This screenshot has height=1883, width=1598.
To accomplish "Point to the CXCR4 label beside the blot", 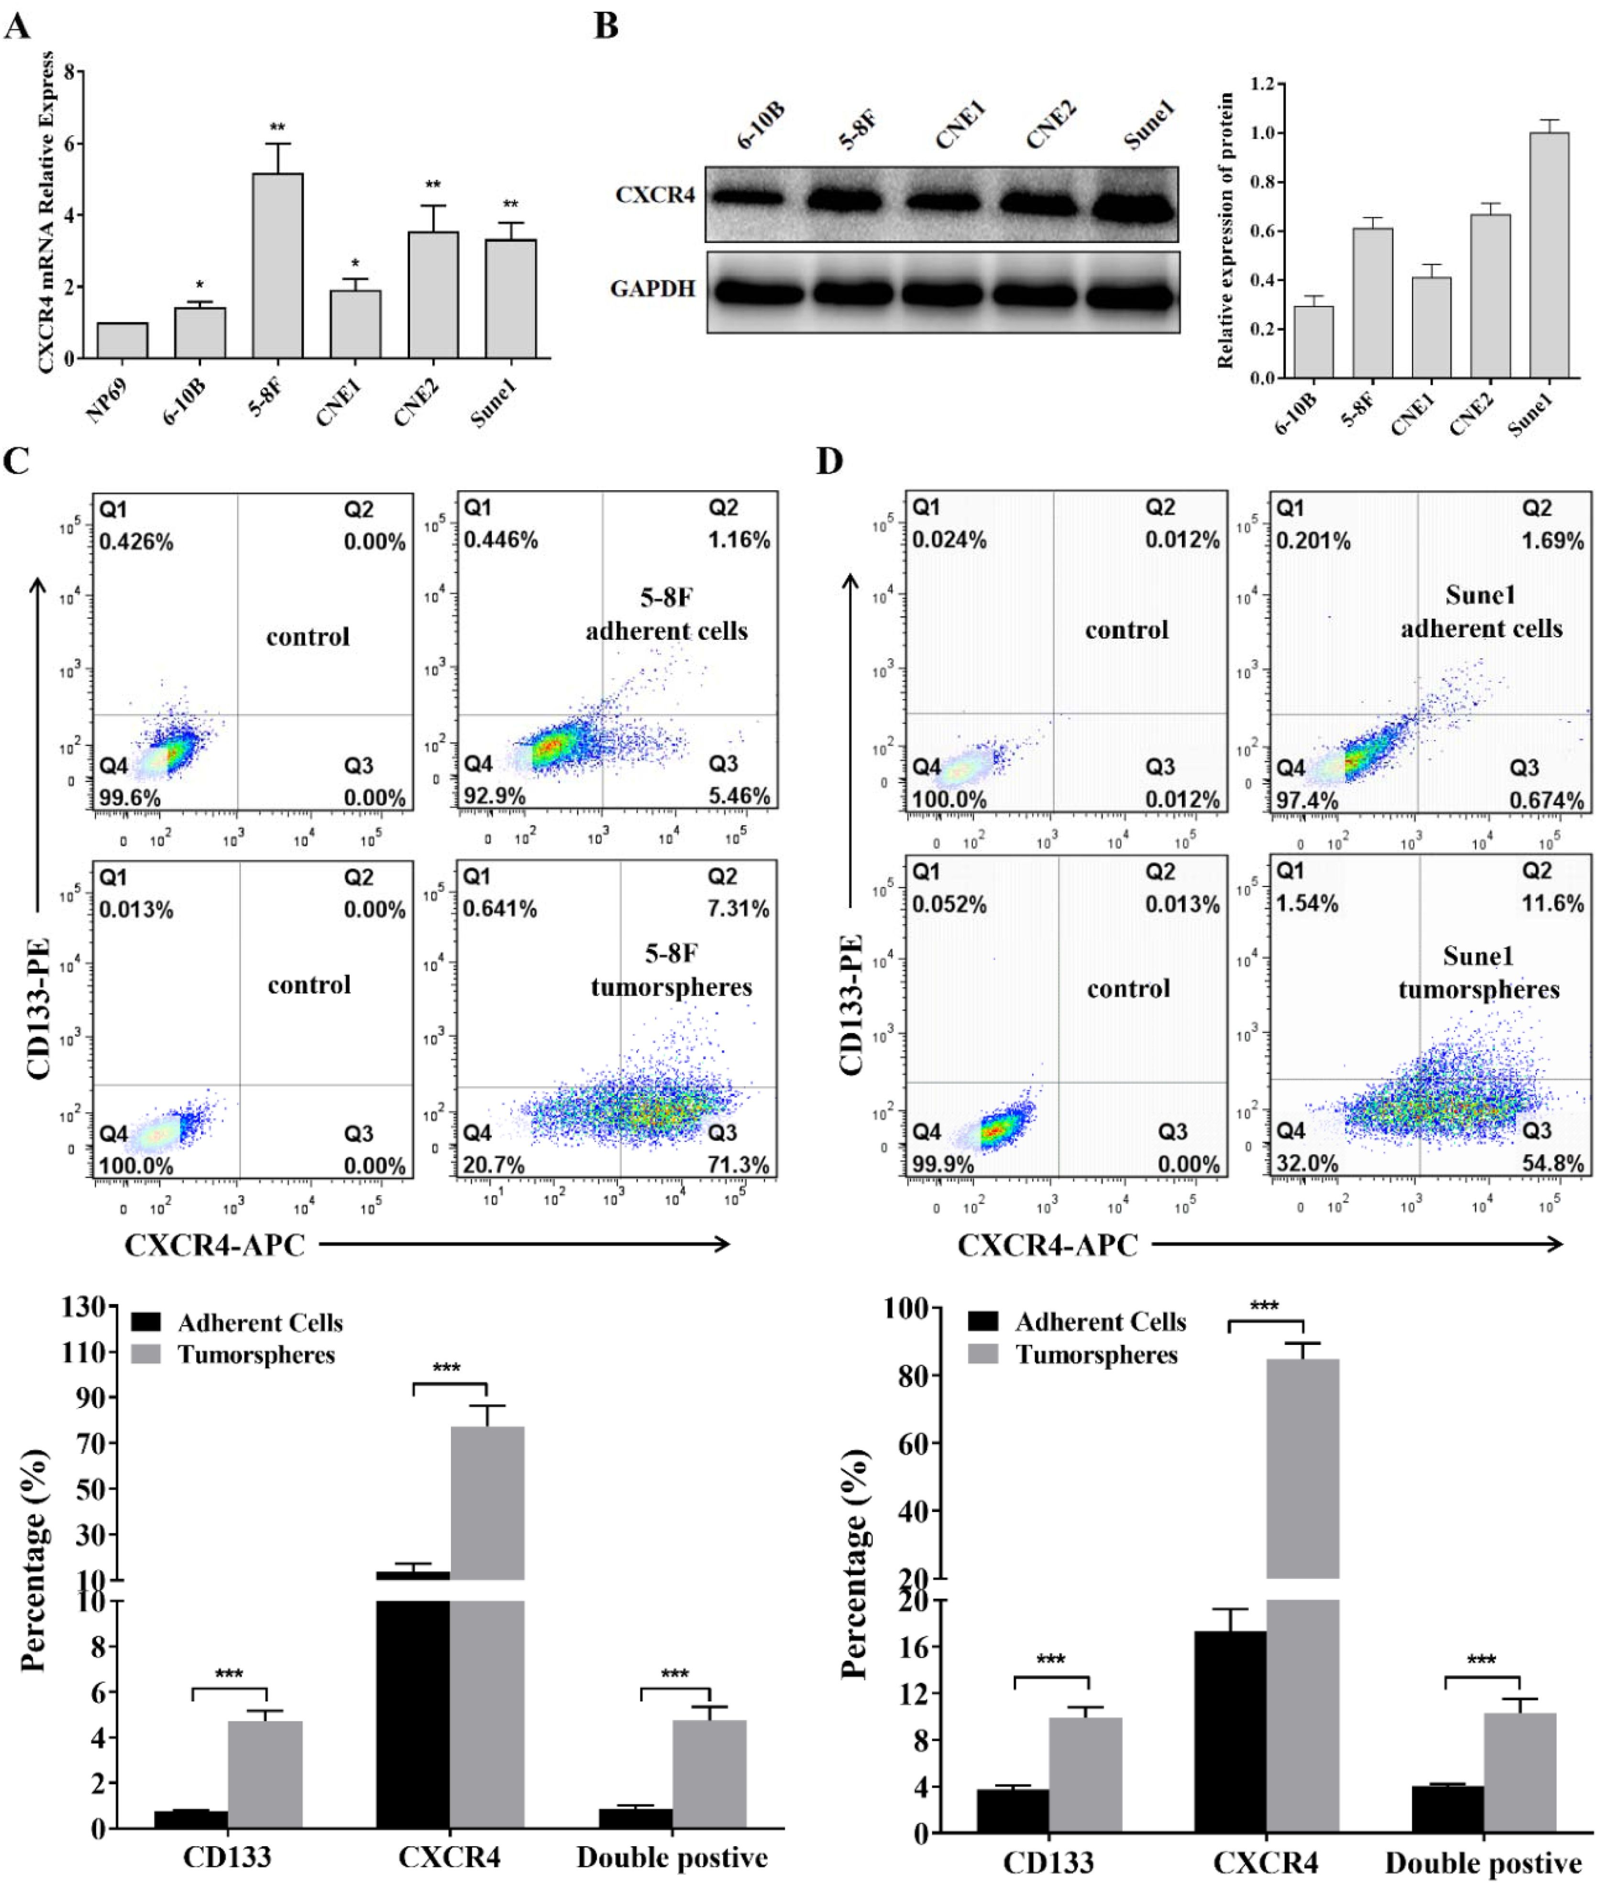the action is [x=654, y=195].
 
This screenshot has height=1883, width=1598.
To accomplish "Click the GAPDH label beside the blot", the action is [x=652, y=289].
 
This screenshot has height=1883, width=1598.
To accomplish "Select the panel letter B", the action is [x=606, y=25].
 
